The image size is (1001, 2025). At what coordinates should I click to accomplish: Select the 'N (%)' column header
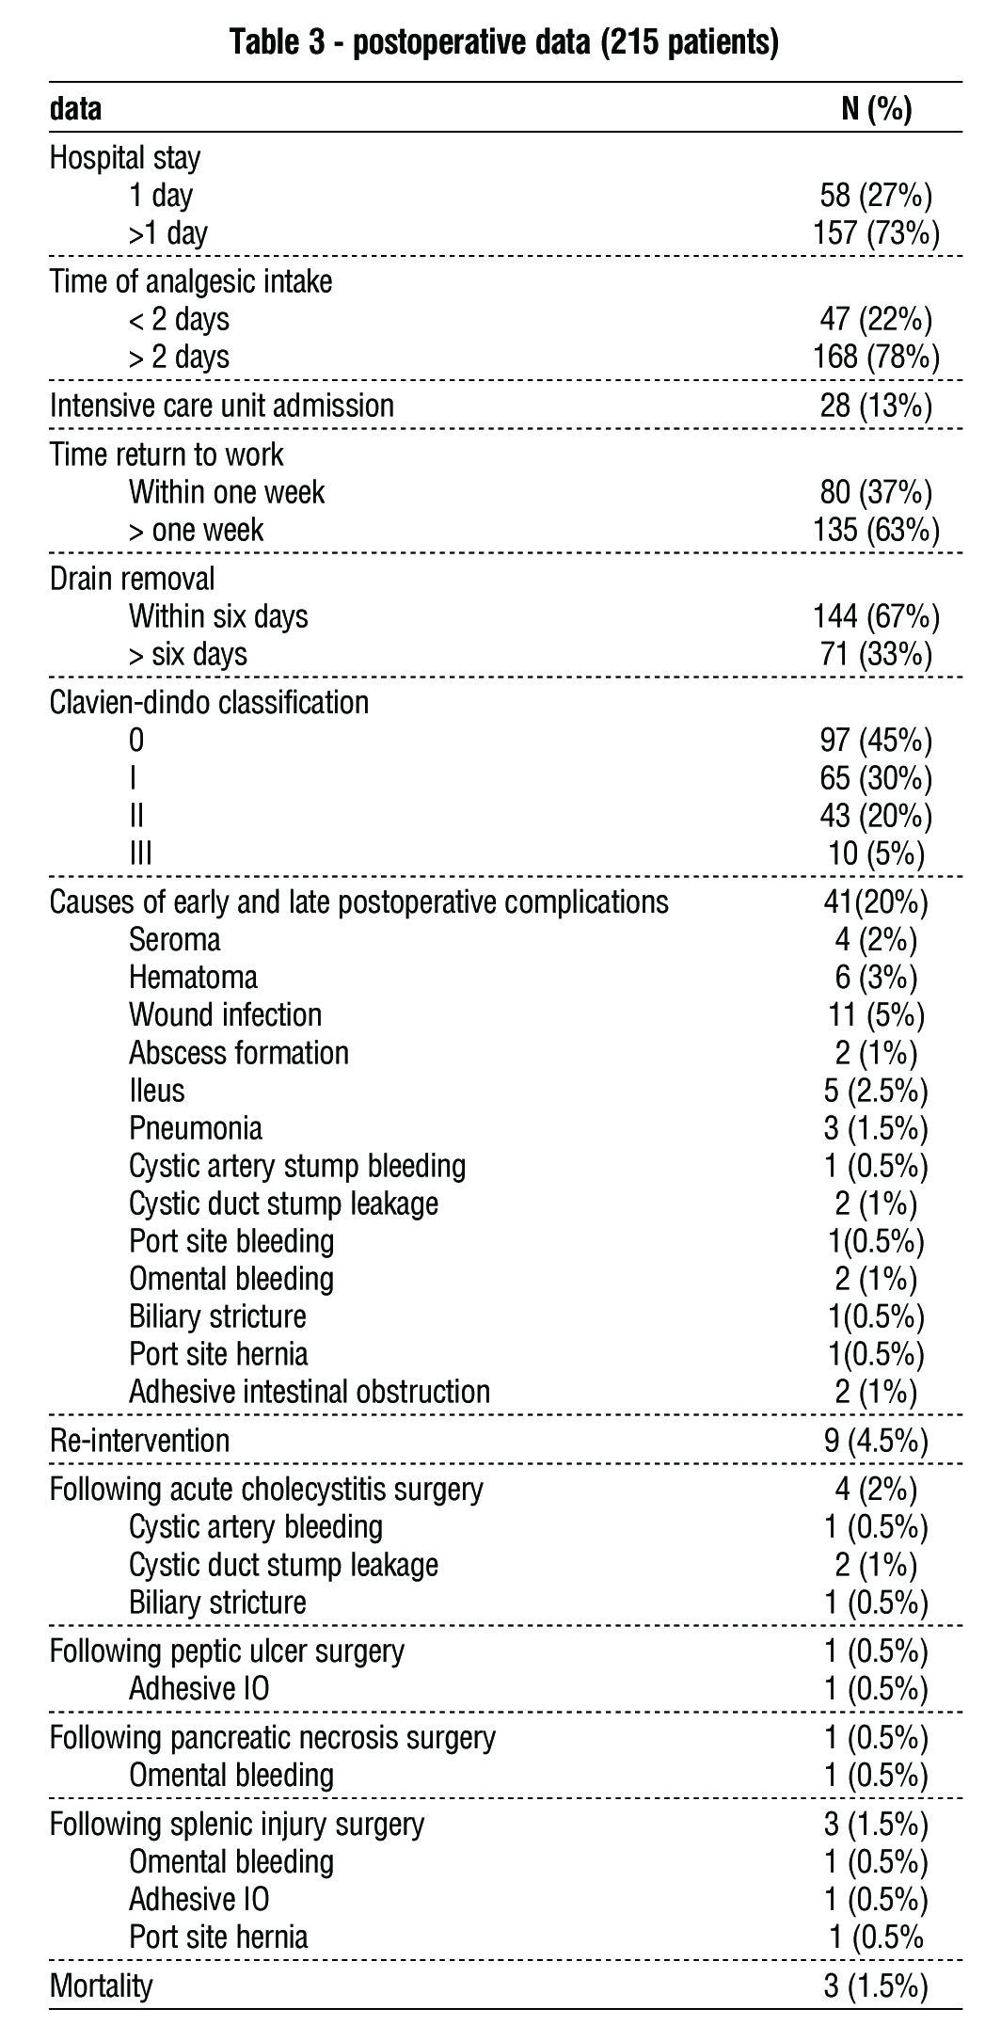[876, 110]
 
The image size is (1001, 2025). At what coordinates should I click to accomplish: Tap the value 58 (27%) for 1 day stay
[876, 195]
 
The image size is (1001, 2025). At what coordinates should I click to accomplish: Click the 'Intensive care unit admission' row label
[221, 406]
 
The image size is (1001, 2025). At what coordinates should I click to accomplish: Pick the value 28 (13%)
[876, 406]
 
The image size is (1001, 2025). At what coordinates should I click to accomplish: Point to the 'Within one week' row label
[227, 492]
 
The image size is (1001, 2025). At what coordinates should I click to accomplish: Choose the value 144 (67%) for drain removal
[876, 616]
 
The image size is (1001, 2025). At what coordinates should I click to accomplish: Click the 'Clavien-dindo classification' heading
[209, 703]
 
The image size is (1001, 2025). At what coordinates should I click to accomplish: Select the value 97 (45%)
[876, 741]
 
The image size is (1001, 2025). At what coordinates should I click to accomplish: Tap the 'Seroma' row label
[175, 940]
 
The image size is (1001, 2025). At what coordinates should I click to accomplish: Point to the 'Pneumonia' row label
[196, 1128]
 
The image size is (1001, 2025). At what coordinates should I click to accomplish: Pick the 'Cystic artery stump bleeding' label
[297, 1167]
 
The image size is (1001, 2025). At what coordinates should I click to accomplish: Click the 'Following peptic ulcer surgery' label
[227, 1652]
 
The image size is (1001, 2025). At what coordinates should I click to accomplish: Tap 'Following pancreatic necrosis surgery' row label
[272, 1739]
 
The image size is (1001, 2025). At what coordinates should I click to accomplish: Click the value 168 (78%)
[876, 357]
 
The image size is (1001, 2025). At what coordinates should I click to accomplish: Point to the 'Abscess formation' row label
[239, 1053]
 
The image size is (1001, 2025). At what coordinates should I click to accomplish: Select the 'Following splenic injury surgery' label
[237, 1826]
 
